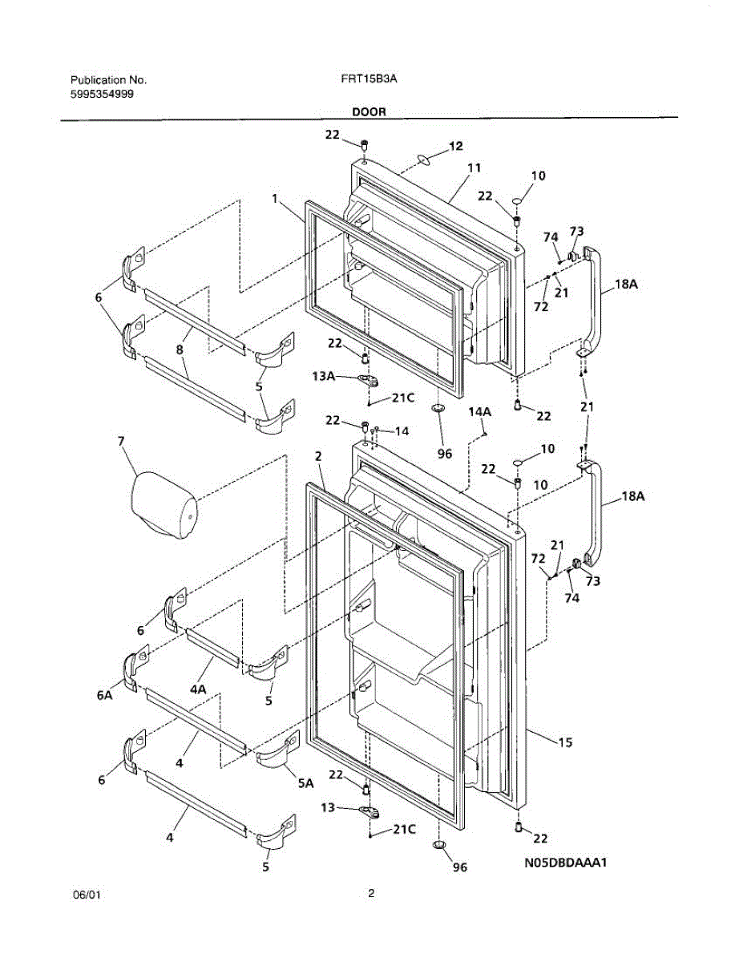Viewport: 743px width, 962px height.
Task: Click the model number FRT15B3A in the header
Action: point(369,79)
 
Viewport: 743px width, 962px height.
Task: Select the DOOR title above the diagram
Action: point(369,112)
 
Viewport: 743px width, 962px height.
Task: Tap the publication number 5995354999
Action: point(102,95)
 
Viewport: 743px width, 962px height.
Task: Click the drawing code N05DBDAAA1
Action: point(565,863)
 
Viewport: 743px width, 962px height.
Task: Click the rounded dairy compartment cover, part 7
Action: point(164,505)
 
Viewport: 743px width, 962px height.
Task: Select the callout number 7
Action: point(121,441)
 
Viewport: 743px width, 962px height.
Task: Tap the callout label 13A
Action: point(323,376)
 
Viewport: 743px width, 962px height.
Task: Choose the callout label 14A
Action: point(479,412)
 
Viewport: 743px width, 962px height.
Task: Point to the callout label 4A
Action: point(198,689)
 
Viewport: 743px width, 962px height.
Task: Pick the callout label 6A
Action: point(104,695)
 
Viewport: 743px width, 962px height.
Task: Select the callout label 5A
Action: point(305,783)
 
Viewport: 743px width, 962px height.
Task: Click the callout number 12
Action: point(456,146)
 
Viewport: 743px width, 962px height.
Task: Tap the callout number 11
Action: point(474,168)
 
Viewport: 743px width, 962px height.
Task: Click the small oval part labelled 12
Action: point(423,160)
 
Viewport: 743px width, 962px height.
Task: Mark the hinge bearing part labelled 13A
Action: point(369,380)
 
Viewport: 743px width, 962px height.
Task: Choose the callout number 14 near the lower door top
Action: point(402,431)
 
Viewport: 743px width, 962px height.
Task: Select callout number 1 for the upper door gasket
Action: point(275,199)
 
